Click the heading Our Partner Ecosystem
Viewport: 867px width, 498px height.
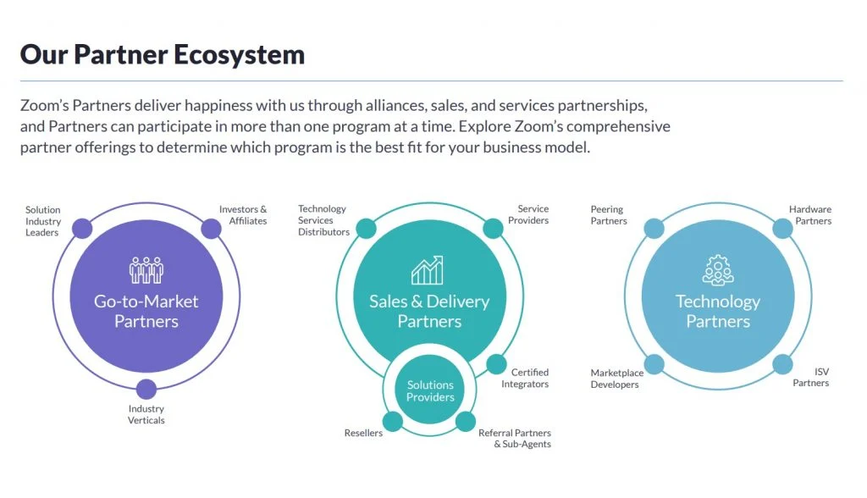click(162, 55)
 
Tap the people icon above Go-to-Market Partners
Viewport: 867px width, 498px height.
click(146, 269)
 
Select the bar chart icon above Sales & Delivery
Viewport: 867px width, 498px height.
click(428, 269)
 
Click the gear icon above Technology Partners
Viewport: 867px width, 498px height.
click(718, 269)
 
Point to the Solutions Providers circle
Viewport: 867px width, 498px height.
click(430, 391)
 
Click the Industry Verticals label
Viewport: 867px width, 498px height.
click(146, 414)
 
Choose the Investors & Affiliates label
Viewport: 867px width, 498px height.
click(243, 215)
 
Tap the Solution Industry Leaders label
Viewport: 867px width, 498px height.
click(43, 221)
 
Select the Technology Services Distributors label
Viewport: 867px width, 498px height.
click(323, 220)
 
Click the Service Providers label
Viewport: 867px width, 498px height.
click(533, 214)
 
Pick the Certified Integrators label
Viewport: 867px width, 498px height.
click(530, 378)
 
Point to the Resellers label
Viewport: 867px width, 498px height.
click(363, 433)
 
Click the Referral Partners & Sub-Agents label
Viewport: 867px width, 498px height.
click(516, 438)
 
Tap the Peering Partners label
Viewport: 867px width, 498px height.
click(609, 215)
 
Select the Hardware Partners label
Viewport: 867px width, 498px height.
click(810, 215)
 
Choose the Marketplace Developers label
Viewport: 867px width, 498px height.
click(616, 379)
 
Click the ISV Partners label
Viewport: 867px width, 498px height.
click(811, 377)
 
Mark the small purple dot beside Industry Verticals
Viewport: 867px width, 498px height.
click(146, 389)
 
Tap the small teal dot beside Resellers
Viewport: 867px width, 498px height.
click(393, 422)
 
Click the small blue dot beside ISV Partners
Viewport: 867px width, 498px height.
click(782, 365)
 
